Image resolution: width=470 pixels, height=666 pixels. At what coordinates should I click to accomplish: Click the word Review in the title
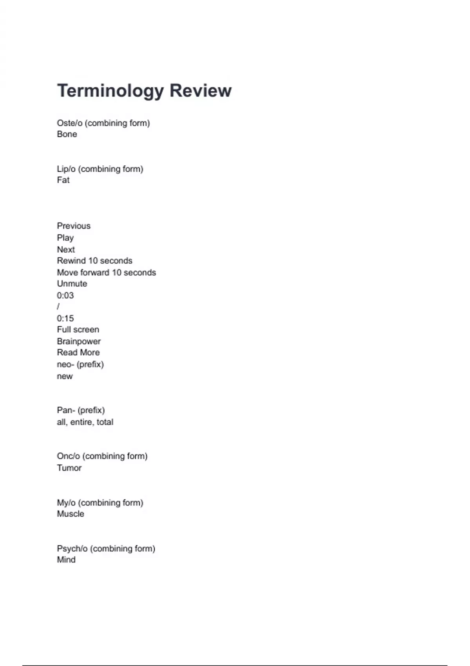(201, 90)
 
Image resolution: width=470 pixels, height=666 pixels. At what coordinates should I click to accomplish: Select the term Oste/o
(70, 123)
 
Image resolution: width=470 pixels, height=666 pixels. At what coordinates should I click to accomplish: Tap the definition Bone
(67, 134)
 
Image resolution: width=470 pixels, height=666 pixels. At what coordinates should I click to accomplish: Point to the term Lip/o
(66, 169)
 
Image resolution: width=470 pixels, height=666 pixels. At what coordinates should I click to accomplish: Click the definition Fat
(63, 180)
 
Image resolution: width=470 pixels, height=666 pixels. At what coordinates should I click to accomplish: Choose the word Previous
(74, 226)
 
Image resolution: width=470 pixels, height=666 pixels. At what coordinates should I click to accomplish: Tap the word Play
(65, 238)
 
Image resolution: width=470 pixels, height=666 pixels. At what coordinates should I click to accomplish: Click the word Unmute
(72, 284)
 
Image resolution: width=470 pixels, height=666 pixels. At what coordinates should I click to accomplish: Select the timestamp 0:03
(65, 295)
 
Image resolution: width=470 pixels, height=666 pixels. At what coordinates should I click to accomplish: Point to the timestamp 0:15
(65, 318)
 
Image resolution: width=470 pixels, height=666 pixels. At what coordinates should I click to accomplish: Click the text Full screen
(78, 329)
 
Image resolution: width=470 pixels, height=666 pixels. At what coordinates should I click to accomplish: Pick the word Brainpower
(79, 341)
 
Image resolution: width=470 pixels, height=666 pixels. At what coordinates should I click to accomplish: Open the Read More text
(78, 352)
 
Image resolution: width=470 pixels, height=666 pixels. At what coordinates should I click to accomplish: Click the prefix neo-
(65, 364)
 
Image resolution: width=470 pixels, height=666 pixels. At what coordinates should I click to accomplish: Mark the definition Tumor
(69, 468)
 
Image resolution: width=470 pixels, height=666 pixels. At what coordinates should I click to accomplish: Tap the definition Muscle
(70, 514)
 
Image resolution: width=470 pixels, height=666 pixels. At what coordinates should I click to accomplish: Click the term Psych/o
(72, 548)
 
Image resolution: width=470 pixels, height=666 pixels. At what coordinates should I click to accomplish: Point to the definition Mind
(66, 559)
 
